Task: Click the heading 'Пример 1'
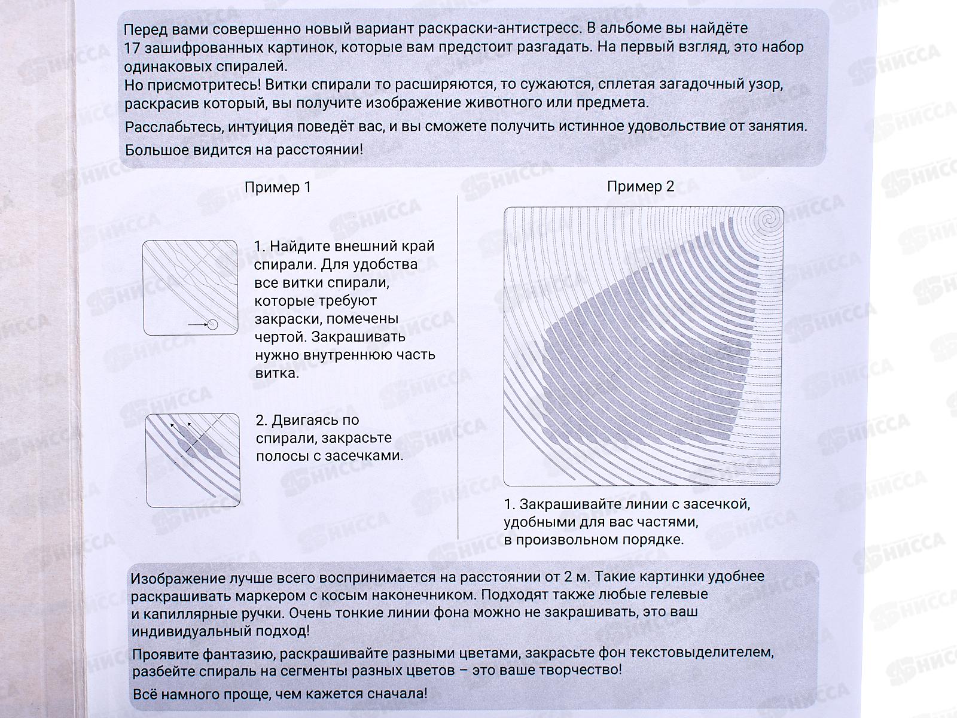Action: pyautogui.click(x=278, y=187)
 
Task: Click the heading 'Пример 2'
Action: pyautogui.click(x=641, y=187)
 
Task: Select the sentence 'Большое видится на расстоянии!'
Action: pyautogui.click(x=244, y=149)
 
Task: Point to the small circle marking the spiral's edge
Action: pyautogui.click(x=212, y=325)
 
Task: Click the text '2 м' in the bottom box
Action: pyautogui.click(x=577, y=577)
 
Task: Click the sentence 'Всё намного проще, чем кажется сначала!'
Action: pyautogui.click(x=280, y=694)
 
